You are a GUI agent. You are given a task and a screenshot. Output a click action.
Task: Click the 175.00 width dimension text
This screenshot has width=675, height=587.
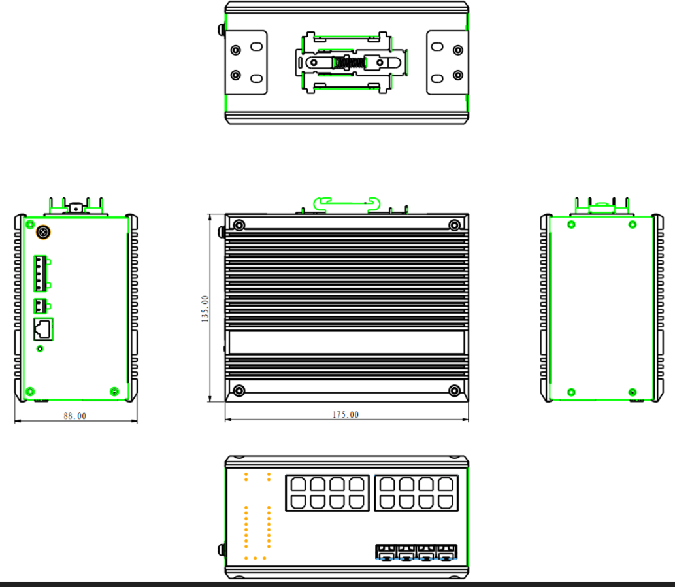point(346,415)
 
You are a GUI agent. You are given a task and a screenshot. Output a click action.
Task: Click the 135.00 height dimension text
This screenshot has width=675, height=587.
point(206,309)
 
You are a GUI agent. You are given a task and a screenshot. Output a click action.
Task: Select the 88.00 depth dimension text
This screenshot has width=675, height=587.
point(74,416)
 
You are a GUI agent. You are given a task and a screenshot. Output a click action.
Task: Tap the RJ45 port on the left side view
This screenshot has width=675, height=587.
point(43,328)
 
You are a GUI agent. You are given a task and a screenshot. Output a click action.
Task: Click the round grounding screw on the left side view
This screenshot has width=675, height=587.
point(44,232)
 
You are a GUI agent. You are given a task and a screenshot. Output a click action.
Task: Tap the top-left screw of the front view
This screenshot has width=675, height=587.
point(239,226)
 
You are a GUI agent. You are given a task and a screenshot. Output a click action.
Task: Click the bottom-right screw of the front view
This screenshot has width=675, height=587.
point(455,390)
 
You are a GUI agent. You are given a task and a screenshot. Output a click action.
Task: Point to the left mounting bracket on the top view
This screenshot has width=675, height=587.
point(247,63)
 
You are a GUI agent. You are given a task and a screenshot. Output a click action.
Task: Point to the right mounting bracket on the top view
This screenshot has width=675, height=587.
point(448,63)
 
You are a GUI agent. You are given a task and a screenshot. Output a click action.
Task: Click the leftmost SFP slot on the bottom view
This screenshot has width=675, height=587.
point(386,553)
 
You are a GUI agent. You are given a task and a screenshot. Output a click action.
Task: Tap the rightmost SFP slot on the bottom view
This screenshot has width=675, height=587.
point(447,553)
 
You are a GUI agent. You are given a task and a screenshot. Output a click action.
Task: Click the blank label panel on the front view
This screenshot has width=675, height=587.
point(346,343)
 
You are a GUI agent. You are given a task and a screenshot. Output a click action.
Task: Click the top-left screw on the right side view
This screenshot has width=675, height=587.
point(572,225)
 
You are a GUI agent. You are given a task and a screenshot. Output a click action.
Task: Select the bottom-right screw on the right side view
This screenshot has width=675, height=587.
point(632,392)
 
